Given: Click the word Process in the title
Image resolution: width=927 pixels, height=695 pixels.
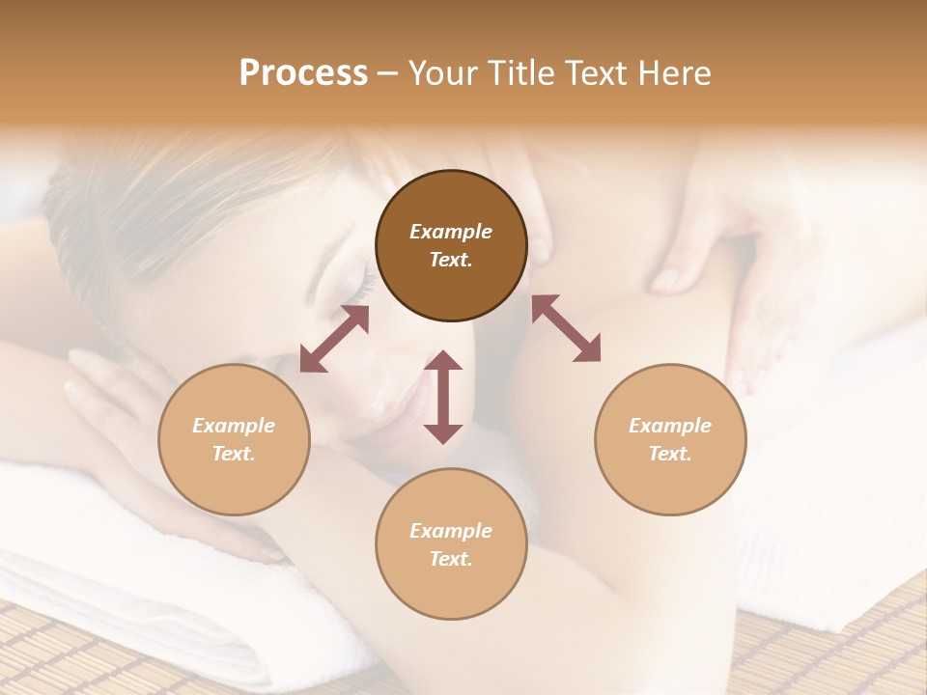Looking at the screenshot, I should click(303, 73).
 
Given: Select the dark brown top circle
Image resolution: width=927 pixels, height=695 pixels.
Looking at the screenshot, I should click(451, 245).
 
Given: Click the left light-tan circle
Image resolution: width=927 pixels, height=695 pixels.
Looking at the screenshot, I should click(234, 439).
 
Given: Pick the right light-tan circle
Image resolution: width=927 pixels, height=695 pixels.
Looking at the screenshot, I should click(670, 439).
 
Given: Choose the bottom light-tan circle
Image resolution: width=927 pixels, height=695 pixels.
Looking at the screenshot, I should click(451, 544).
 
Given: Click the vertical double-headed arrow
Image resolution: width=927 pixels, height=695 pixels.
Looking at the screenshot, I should click(443, 397).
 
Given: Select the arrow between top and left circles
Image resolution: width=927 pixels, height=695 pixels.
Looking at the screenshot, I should click(334, 339).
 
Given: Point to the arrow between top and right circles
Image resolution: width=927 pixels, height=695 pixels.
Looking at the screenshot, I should click(567, 328).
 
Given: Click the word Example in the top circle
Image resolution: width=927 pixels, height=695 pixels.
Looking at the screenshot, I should click(451, 232).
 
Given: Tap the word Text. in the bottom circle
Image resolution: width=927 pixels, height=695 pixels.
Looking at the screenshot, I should click(451, 559).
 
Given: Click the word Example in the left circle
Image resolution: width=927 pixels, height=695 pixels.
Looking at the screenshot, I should click(234, 426).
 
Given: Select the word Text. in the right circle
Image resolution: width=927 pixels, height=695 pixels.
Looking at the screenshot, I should click(670, 454).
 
